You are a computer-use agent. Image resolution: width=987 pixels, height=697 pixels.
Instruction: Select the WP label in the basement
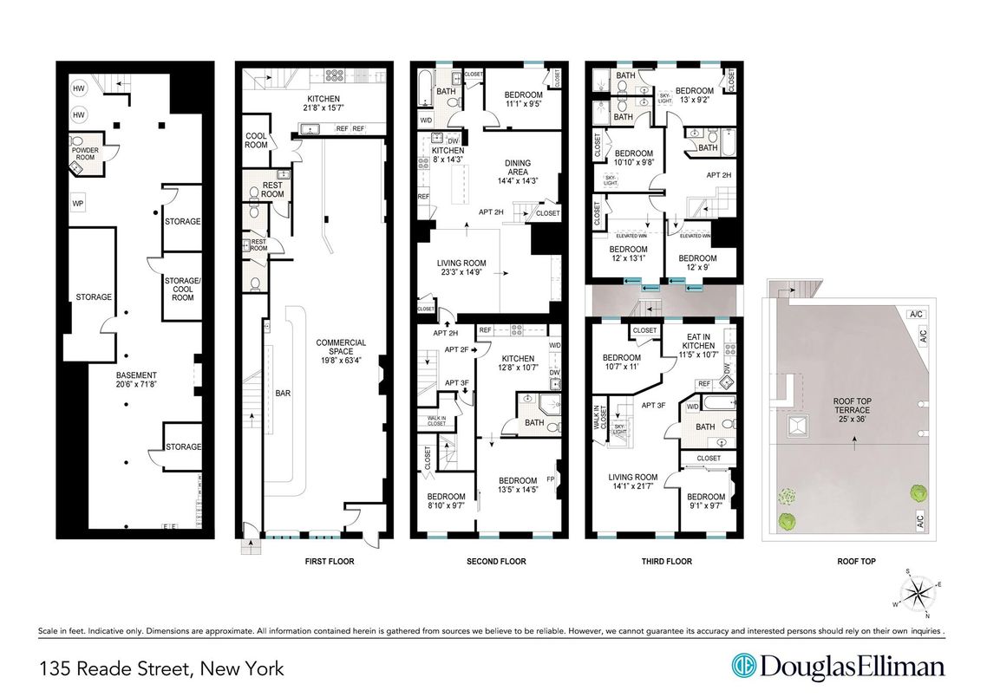(77, 204)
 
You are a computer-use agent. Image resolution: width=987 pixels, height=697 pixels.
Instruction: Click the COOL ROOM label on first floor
(257, 140)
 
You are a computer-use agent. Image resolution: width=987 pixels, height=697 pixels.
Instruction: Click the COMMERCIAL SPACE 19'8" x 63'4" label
(341, 348)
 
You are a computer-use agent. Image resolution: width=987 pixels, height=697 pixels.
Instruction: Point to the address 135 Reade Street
(161, 668)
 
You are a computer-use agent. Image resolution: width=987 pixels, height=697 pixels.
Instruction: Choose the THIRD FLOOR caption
(666, 562)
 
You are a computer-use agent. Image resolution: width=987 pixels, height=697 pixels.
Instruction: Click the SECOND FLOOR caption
(496, 562)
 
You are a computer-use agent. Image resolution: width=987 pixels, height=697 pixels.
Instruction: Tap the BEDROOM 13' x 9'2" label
(695, 95)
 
